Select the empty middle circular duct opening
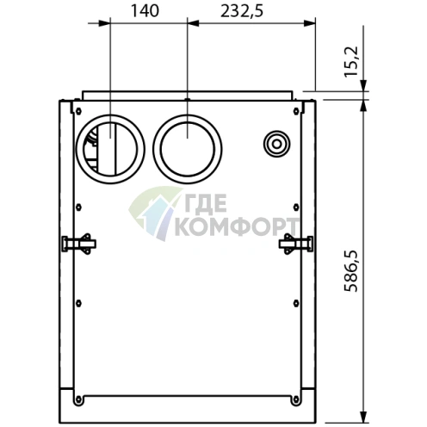click(x=188, y=145)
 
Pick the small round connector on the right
click(x=276, y=143)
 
